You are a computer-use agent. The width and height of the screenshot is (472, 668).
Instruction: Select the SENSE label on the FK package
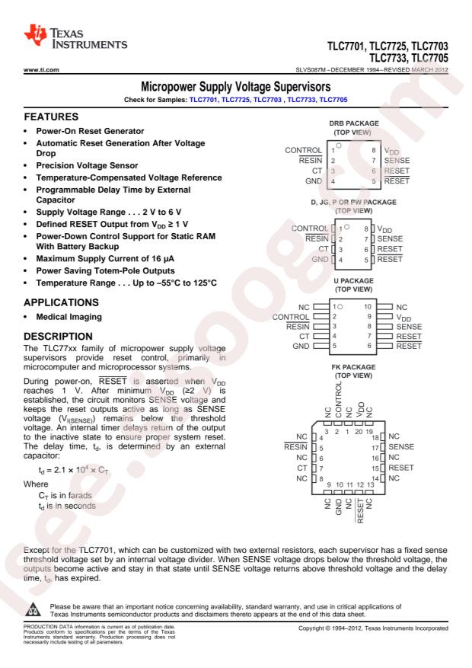(403, 446)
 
